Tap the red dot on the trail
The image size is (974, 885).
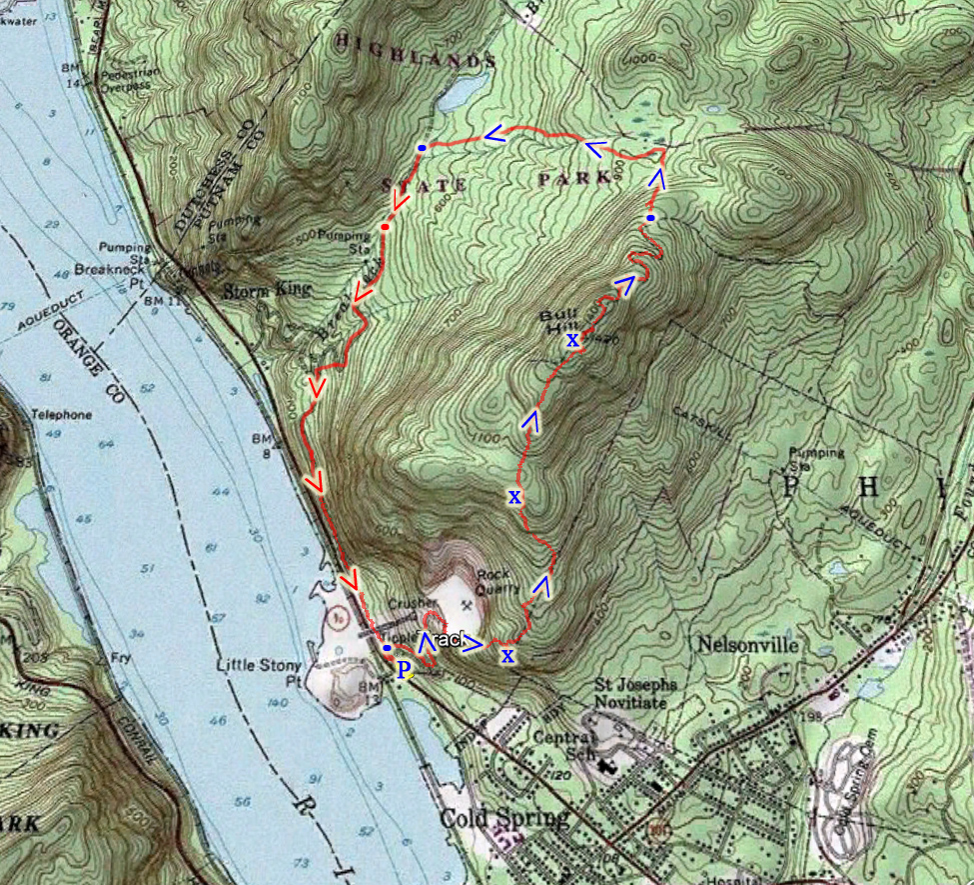pos(385,229)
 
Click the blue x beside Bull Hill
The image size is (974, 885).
pos(572,340)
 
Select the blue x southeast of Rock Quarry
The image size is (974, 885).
pos(507,656)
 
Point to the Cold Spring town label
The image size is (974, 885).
pos(503,819)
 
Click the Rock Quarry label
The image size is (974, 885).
pos(500,582)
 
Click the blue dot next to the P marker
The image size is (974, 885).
pos(387,648)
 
